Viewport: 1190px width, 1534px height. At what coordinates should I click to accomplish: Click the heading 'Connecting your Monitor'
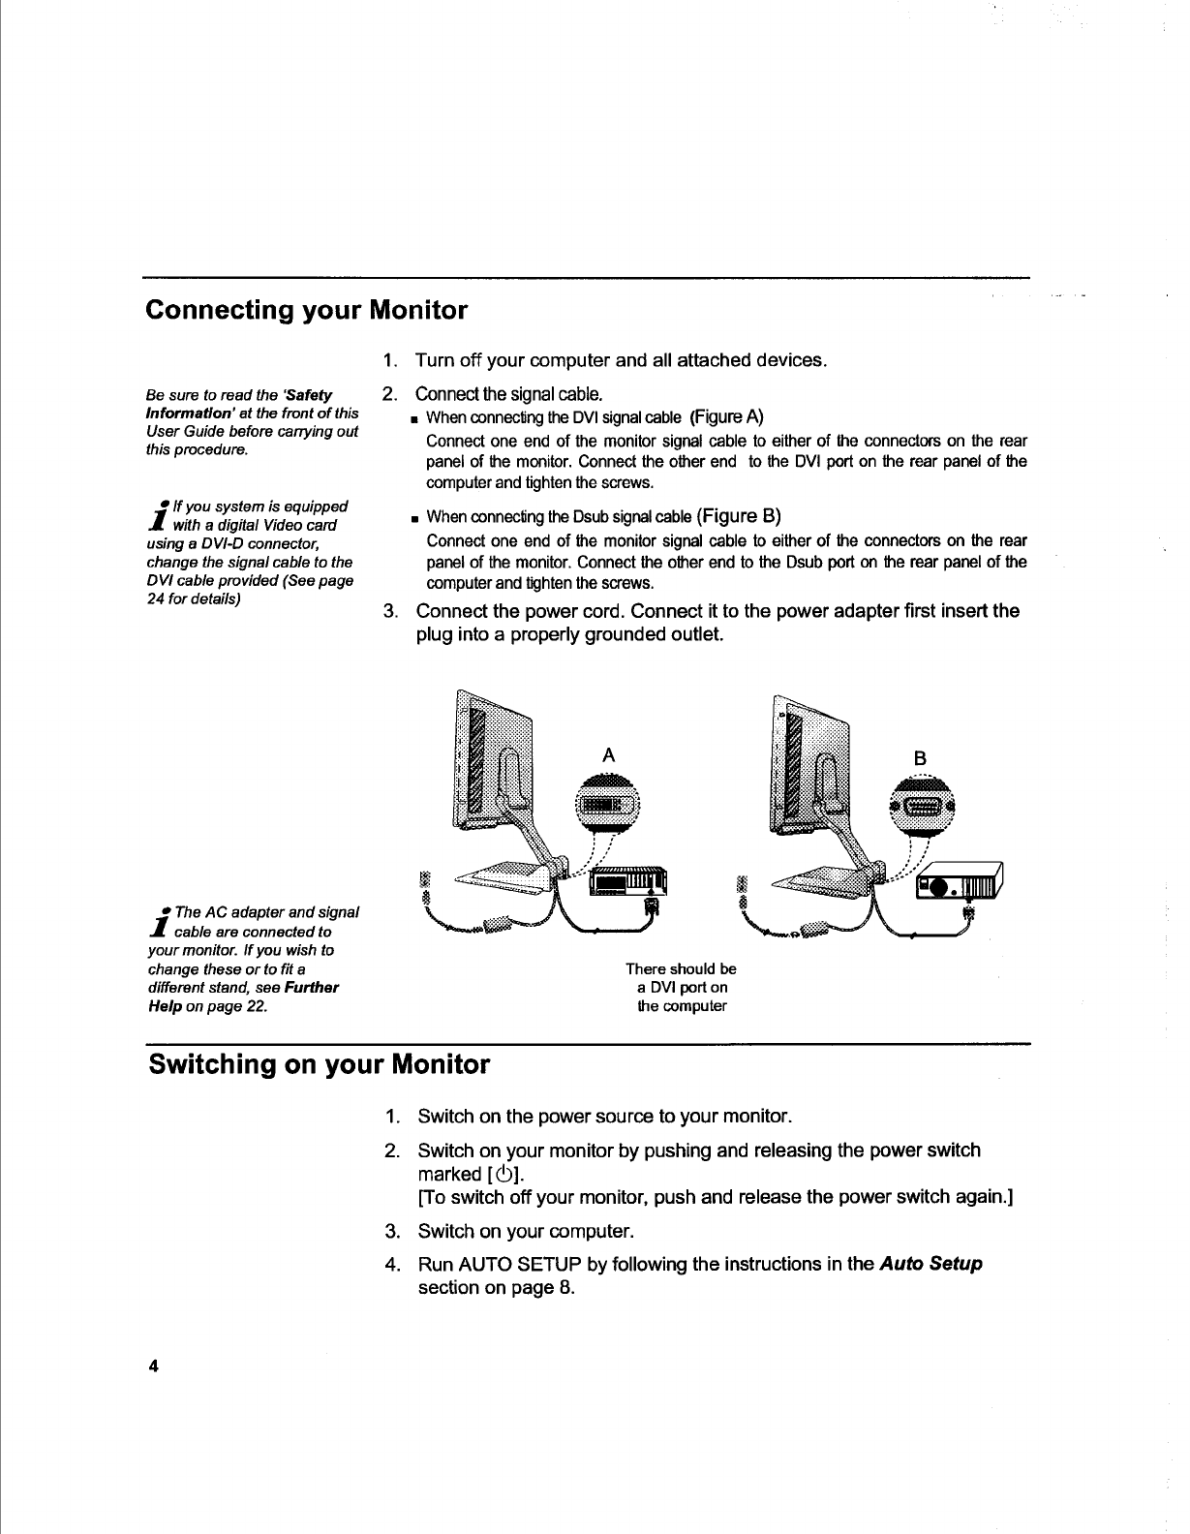coord(306,311)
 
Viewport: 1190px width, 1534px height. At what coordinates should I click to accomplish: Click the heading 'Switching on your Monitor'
coord(319,1065)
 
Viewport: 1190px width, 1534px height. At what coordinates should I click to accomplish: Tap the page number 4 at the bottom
coord(152,1365)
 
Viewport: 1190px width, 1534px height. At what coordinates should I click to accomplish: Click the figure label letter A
coord(608,755)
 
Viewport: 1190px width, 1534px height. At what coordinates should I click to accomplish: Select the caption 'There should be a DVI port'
coord(681,987)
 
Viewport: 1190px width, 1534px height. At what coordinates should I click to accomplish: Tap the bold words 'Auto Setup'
coord(931,1264)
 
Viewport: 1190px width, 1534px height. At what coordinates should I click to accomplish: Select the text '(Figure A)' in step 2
coord(727,417)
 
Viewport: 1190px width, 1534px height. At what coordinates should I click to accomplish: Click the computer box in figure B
coord(961,882)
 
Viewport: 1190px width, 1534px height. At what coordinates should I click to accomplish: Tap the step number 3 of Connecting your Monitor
coord(390,611)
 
